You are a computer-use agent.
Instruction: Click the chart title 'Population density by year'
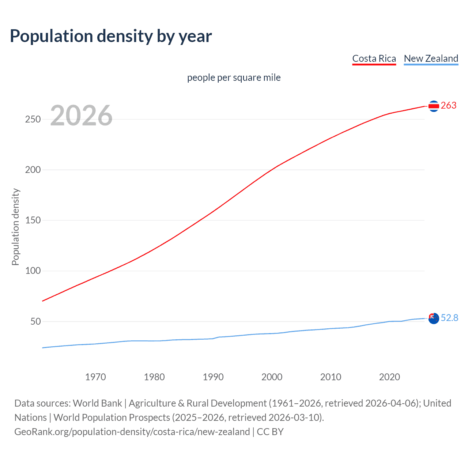click(111, 36)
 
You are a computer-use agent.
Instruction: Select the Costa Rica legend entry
click(374, 58)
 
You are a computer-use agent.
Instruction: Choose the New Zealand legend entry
click(431, 58)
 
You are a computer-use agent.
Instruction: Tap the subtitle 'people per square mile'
click(234, 78)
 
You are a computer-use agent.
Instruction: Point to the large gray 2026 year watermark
click(81, 116)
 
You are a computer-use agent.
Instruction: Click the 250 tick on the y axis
click(33, 120)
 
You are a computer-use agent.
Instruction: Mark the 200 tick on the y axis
click(33, 170)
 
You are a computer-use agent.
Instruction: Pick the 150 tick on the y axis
click(33, 220)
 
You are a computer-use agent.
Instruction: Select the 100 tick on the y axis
click(33, 271)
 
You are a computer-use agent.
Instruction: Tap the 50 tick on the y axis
click(35, 322)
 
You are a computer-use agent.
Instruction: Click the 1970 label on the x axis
click(95, 377)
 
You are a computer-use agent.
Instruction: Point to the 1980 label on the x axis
click(154, 377)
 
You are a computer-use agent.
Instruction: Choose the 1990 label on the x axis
click(213, 377)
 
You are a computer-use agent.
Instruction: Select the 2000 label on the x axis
click(272, 377)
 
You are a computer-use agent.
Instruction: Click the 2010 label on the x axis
click(331, 377)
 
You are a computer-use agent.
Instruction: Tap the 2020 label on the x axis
click(390, 377)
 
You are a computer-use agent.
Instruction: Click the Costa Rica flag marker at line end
click(434, 106)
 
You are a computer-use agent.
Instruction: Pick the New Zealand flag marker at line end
click(434, 318)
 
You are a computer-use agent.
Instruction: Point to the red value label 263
click(449, 106)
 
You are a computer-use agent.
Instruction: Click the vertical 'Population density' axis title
click(15, 227)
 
